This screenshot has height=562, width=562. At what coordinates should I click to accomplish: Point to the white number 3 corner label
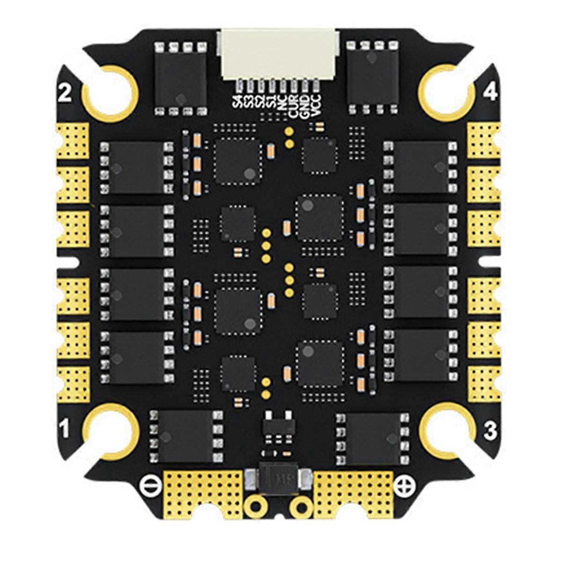(x=490, y=430)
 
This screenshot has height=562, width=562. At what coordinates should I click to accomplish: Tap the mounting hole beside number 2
(x=110, y=91)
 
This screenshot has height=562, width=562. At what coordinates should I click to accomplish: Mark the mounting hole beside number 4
(x=446, y=91)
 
